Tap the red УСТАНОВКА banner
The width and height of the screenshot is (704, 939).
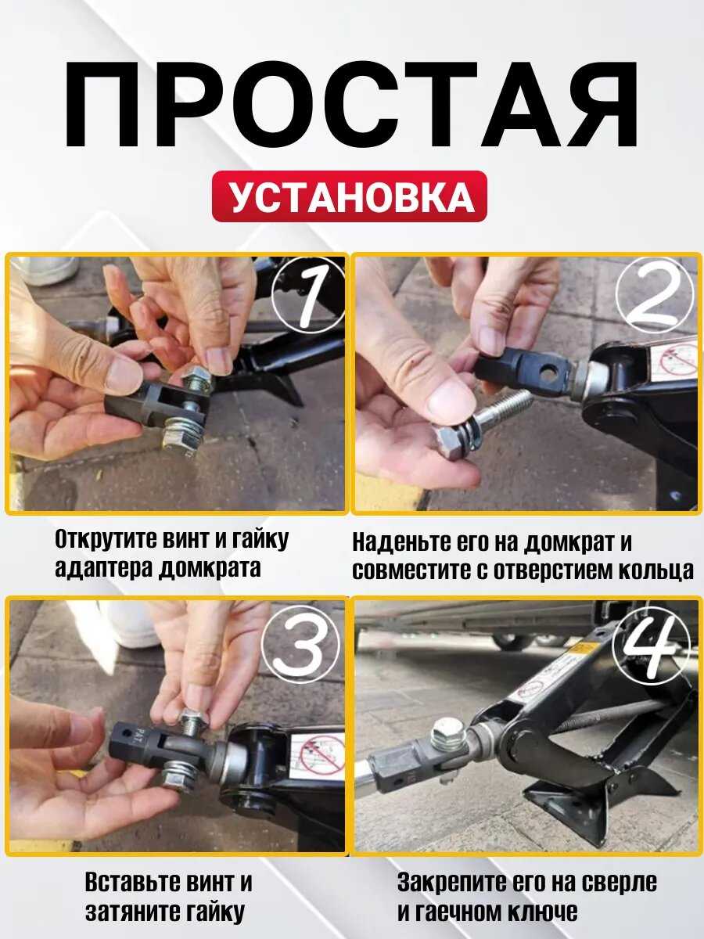(x=350, y=196)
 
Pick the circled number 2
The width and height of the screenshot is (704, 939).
(x=653, y=295)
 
